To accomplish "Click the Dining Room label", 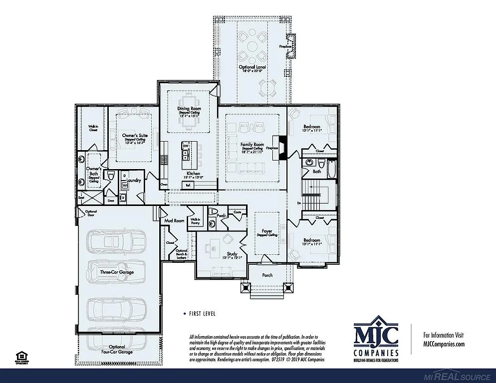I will tap(189, 108).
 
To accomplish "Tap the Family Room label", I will tap(252, 145).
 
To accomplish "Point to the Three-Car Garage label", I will tap(116, 272).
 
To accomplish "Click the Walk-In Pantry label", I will tap(195, 221).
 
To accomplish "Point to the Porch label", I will tap(267, 275).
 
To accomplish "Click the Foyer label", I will tap(266, 231).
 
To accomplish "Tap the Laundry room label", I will tap(133, 180).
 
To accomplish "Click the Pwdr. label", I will tap(222, 215).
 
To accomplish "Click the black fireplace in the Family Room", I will tap(282, 148).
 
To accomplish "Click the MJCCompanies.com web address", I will tap(444, 344).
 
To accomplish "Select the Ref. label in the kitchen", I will tap(188, 185).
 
